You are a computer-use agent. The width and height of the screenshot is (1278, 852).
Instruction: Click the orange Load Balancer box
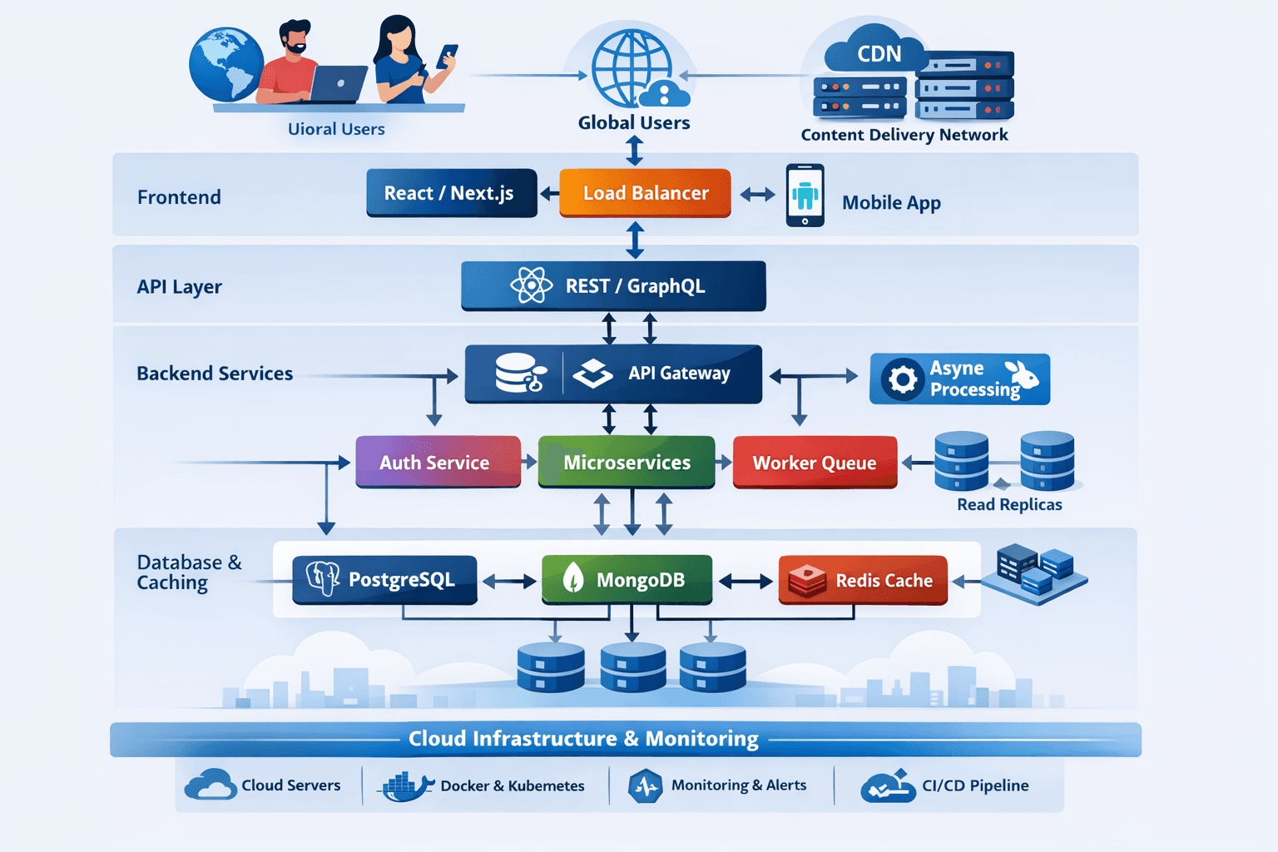pyautogui.click(x=645, y=193)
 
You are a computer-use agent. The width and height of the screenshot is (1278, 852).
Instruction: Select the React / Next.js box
pyautogui.click(x=451, y=193)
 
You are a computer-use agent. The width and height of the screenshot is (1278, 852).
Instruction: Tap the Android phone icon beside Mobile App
pyautogui.click(x=805, y=196)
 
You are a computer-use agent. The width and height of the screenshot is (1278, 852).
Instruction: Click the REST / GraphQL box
pyautogui.click(x=613, y=285)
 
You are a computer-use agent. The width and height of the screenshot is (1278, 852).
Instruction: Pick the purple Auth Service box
pyautogui.click(x=438, y=462)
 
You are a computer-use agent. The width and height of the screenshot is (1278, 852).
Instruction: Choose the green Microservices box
pyautogui.click(x=627, y=462)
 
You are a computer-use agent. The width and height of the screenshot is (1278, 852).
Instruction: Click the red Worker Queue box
pyautogui.click(x=815, y=463)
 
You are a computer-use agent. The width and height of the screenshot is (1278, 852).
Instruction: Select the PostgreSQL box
pyautogui.click(x=384, y=579)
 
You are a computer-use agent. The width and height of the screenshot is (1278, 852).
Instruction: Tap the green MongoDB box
pyautogui.click(x=627, y=579)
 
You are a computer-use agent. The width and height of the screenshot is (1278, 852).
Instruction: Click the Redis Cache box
pyautogui.click(x=863, y=580)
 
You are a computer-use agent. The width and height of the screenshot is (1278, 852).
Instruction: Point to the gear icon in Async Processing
pyautogui.click(x=902, y=380)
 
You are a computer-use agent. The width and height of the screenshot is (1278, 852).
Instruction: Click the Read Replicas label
pyautogui.click(x=1009, y=504)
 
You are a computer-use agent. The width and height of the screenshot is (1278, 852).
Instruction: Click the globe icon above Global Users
pyautogui.click(x=632, y=68)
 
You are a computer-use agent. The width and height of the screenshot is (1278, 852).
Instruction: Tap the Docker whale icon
pyautogui.click(x=405, y=785)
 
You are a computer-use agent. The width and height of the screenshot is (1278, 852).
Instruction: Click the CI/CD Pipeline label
pyautogui.click(x=975, y=785)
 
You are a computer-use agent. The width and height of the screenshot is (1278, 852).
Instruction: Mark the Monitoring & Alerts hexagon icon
pyautogui.click(x=646, y=785)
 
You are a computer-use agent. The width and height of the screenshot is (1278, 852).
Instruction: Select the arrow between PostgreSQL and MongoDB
pyautogui.click(x=509, y=582)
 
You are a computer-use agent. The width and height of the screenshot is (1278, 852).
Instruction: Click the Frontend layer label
pyautogui.click(x=179, y=197)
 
